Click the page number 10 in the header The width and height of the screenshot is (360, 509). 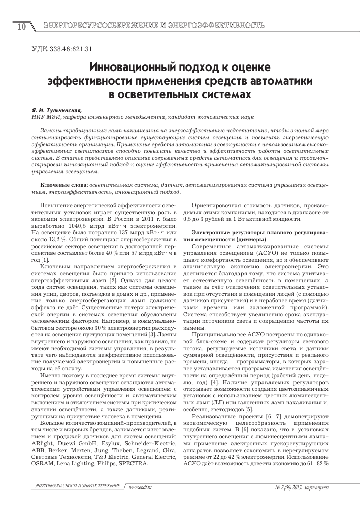click(20, 26)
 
